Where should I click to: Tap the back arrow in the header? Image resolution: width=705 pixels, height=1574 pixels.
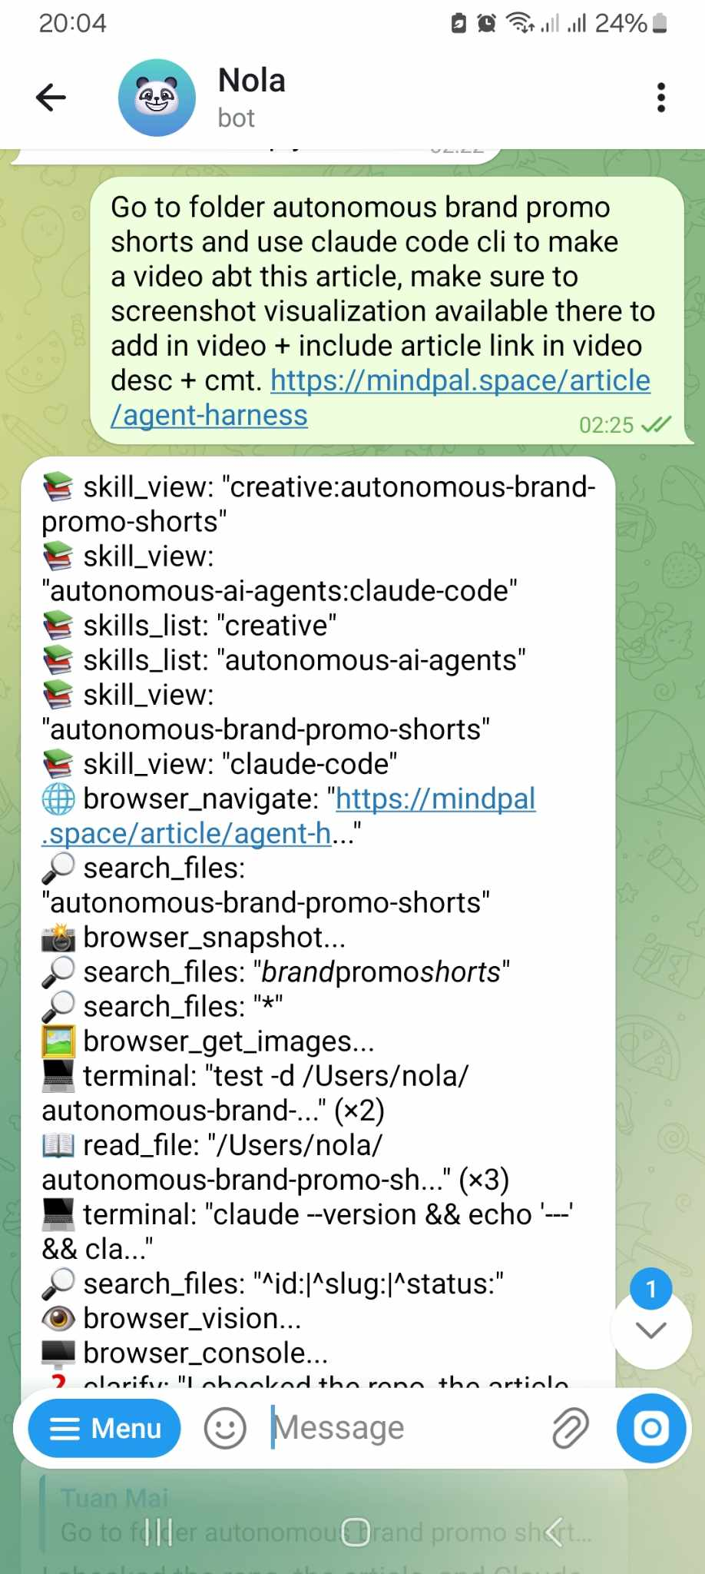tap(51, 98)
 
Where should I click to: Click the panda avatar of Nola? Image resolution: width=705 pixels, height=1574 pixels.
tap(157, 98)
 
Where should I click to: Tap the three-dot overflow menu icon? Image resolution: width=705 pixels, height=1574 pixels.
tap(660, 98)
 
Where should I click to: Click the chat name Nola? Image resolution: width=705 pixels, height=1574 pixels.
tap(252, 81)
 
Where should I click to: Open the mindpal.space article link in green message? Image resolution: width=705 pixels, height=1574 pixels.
tap(460, 381)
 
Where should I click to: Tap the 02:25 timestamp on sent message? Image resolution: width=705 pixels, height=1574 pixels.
tap(606, 425)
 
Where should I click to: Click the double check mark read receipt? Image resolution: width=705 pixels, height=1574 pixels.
tap(656, 424)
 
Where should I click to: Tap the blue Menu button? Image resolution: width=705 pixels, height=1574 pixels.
tap(104, 1428)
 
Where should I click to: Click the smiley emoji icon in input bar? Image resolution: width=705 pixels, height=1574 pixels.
tap(225, 1428)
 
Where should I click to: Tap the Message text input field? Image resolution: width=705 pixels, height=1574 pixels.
tap(399, 1428)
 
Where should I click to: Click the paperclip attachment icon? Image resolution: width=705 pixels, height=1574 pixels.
tap(570, 1428)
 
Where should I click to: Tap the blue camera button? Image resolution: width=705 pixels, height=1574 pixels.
tap(651, 1428)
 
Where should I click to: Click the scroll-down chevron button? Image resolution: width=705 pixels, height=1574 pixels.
tap(651, 1330)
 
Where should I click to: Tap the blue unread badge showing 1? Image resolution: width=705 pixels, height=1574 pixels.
tap(651, 1289)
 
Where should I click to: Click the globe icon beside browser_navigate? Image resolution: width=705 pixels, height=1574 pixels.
tap(58, 799)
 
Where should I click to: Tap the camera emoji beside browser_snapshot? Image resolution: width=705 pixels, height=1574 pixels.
tap(58, 938)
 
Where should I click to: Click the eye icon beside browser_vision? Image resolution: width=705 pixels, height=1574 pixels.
tap(58, 1319)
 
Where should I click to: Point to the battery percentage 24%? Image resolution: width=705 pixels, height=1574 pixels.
tap(621, 23)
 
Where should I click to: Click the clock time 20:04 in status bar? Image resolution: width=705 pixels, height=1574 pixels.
tap(72, 23)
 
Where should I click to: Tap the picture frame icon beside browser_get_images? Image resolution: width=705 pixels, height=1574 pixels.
tap(58, 1041)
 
